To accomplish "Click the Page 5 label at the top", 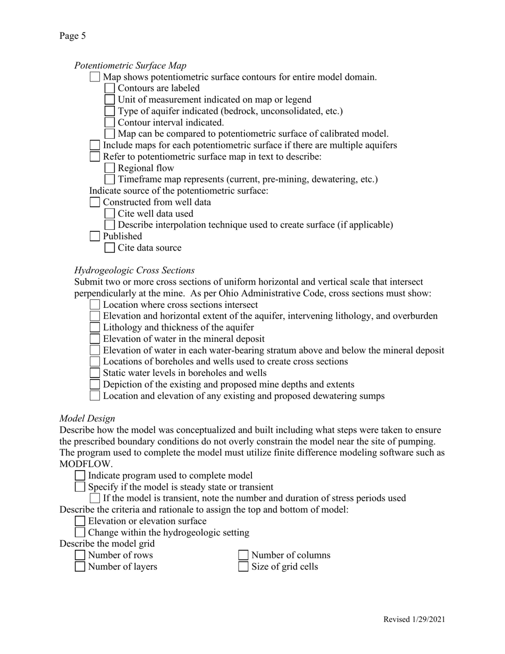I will pos(72,36).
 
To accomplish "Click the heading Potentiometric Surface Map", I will pos(130,65).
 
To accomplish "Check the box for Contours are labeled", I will pos(110,88).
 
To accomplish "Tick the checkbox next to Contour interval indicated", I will pos(110,122).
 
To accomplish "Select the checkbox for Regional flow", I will pos(110,168).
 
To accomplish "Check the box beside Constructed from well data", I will pos(95,202).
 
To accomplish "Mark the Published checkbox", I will pos(95,236).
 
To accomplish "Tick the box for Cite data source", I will pos(110,248).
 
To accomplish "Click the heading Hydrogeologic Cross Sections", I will pos(134,270).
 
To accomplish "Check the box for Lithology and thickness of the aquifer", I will pos(95,328).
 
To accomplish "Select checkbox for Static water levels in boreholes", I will pos(95,373).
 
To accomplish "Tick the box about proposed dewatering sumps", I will pos(95,396).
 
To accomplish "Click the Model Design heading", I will pos(87,418).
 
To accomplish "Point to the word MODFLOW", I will pos(79,464).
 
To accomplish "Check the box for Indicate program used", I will pos(80,475).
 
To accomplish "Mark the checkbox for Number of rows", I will pos(80,555).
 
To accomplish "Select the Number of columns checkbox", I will pos(243,555).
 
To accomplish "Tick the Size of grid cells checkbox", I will pos(243,567).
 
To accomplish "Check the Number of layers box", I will pos(80,567).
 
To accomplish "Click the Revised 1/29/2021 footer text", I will pos(414,619).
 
